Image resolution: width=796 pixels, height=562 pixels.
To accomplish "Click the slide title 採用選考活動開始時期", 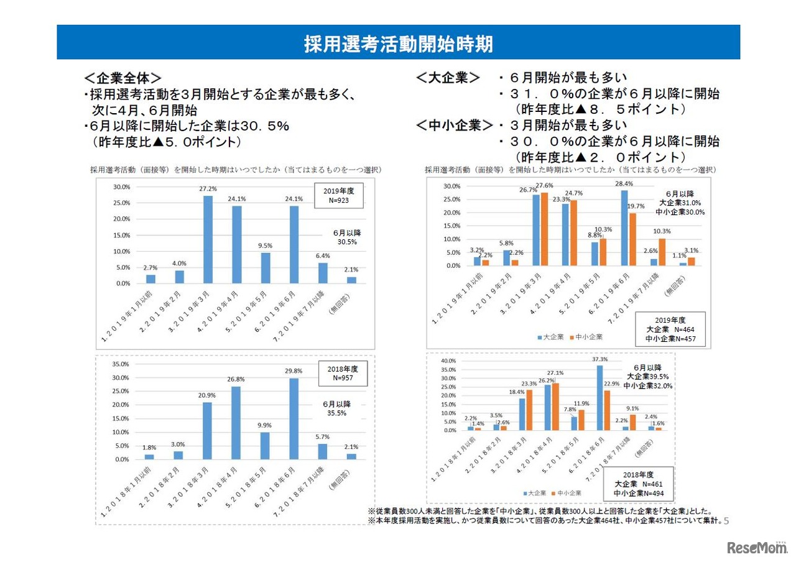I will [398, 44].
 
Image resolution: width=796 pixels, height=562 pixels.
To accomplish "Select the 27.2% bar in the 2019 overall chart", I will [208, 239].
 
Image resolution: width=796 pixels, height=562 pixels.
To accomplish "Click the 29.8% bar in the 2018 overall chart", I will [294, 418].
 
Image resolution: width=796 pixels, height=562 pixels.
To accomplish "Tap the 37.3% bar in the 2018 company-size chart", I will [599, 397].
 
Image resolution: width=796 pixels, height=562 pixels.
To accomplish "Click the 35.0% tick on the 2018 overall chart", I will [120, 364].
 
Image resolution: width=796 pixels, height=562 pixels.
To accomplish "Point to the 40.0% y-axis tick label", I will [448, 361].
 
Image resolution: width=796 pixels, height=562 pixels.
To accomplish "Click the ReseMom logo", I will [756, 548].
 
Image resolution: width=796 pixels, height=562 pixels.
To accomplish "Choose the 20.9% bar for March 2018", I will [208, 431].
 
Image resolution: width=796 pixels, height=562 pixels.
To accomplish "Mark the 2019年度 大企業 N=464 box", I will [670, 329].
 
